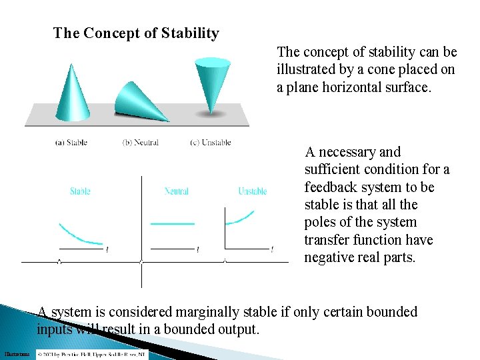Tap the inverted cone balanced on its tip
[x=212, y=80]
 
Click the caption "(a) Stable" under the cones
[x=71, y=142]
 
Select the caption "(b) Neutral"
[x=141, y=142]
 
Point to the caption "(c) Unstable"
[x=211, y=142]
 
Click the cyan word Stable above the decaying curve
[x=80, y=191]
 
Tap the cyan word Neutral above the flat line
[x=177, y=191]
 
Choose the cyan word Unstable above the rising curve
[x=253, y=191]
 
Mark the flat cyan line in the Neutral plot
[x=173, y=223]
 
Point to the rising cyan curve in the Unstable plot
[x=241, y=217]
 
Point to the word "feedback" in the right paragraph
[x=333, y=187]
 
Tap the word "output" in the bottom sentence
[x=237, y=329]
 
